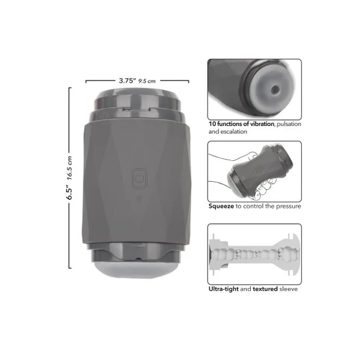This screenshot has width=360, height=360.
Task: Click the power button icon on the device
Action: tap(140, 179)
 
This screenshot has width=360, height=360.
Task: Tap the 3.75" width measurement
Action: tap(128, 81)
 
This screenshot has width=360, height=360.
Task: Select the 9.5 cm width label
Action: tap(147, 81)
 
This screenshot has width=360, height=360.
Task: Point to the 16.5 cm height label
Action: tap(70, 168)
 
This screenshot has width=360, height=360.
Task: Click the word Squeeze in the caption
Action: tap(221, 206)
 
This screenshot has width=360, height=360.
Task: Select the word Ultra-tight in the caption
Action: tap(224, 289)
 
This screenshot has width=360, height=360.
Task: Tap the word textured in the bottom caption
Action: tap(265, 289)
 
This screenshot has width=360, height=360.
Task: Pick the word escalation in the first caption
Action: tap(234, 131)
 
